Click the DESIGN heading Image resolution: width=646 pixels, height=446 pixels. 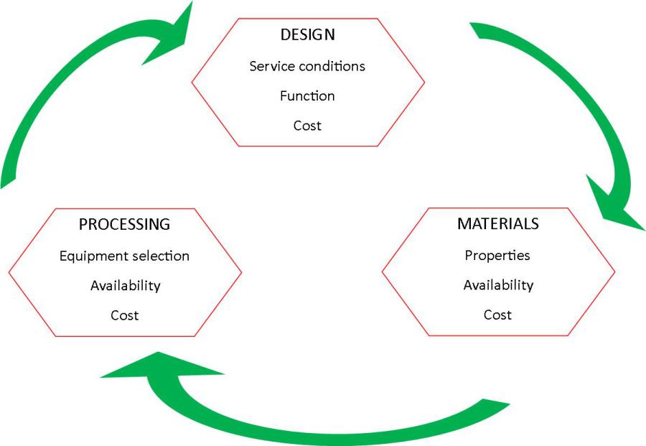(308, 34)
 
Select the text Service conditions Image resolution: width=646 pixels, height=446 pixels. (307, 66)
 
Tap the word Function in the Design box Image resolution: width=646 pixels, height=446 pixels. (307, 96)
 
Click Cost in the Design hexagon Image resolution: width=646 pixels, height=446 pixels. (307, 126)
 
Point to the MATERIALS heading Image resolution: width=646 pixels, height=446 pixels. (497, 223)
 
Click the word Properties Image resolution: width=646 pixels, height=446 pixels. (497, 255)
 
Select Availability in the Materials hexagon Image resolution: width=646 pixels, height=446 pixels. (498, 285)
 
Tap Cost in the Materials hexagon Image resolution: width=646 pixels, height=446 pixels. (497, 315)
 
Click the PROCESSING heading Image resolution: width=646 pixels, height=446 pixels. (124, 224)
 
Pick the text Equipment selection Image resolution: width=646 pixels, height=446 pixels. (124, 256)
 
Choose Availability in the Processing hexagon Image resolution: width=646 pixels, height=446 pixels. (125, 286)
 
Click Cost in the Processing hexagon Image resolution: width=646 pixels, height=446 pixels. (124, 315)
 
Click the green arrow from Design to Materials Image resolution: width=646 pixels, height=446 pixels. (574, 108)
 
